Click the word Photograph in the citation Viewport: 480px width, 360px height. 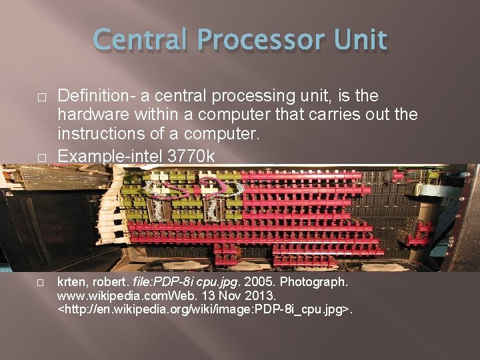312,282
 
